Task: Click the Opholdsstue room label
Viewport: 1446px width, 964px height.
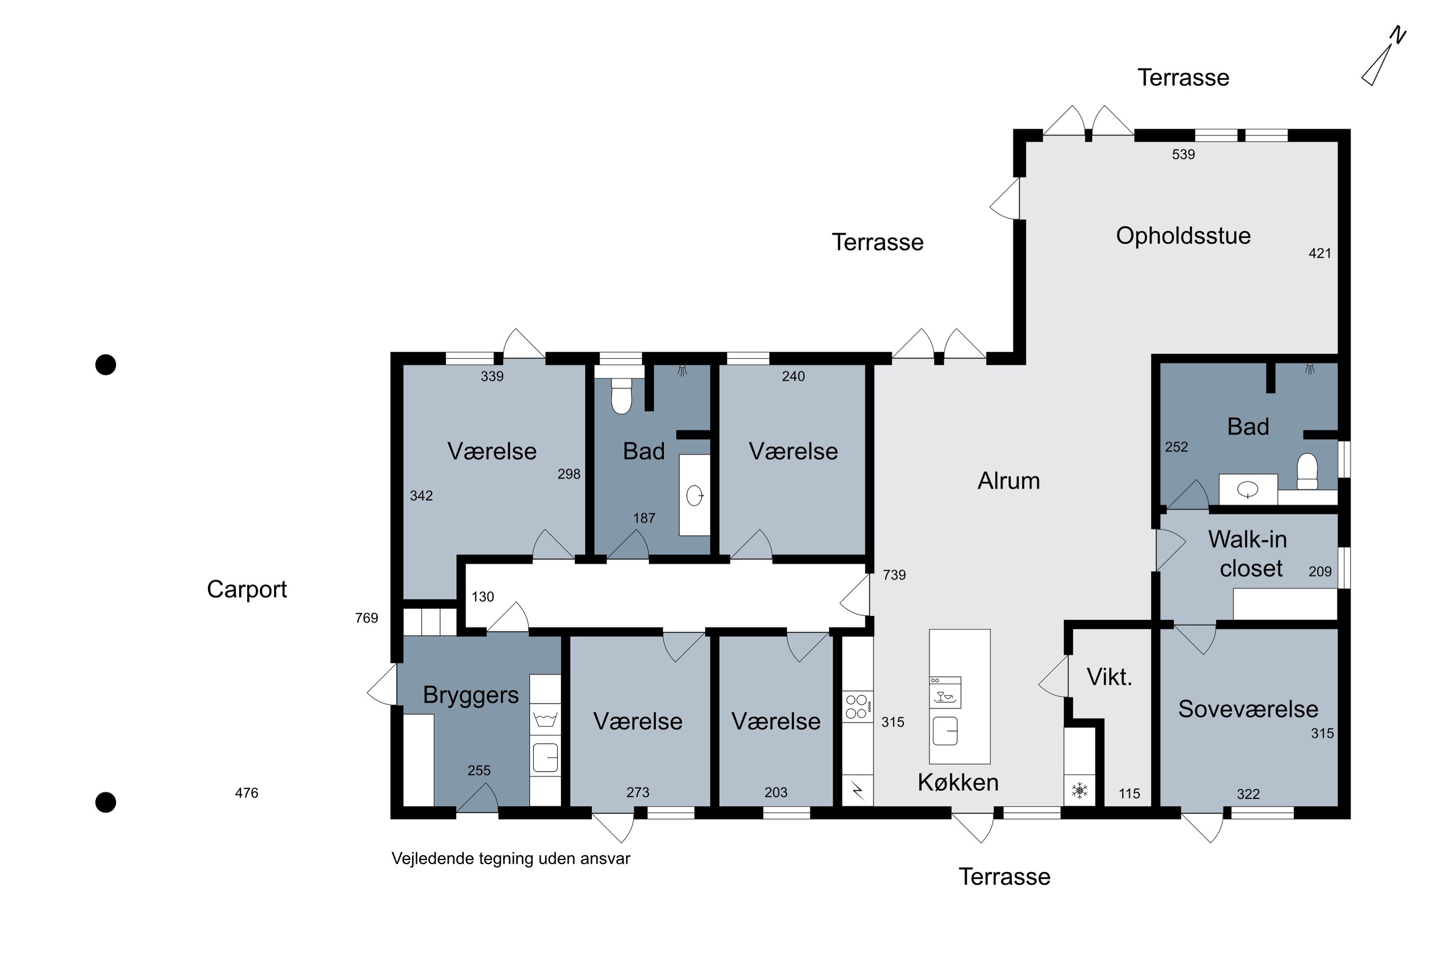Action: click(1183, 236)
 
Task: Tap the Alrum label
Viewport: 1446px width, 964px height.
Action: click(1009, 481)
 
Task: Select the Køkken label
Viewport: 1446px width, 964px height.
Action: click(958, 783)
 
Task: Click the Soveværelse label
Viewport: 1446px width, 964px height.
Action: click(1248, 709)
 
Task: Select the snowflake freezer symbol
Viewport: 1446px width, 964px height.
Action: click(1080, 790)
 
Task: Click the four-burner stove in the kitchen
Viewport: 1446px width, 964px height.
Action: click(857, 707)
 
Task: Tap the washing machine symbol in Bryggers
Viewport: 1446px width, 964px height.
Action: click(545, 719)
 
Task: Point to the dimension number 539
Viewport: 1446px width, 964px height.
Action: click(1183, 154)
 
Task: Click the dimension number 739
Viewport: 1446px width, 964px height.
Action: click(895, 575)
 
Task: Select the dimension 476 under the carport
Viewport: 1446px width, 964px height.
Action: click(246, 793)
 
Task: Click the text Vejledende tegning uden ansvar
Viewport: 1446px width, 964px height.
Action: click(511, 859)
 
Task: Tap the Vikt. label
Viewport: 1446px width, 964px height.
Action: click(1110, 677)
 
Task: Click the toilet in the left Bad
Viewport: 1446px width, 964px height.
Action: click(622, 396)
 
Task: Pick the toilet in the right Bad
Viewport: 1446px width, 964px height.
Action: click(1307, 471)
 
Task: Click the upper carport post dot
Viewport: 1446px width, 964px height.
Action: click(106, 364)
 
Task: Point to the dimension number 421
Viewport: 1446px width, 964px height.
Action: click(1320, 254)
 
